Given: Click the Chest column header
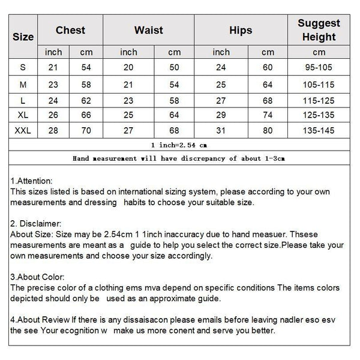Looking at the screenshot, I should click(70, 30).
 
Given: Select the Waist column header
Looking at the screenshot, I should click(148, 30).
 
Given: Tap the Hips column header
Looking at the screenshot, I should click(241, 30).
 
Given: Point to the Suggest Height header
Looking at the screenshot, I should click(319, 30).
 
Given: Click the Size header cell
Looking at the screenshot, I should click(23, 37).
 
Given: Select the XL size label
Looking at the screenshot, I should click(23, 115).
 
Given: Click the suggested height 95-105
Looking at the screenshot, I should click(319, 68).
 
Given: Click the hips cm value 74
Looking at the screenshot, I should click(268, 115).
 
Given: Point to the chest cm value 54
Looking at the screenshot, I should click(86, 68).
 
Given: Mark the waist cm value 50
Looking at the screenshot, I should click(174, 68).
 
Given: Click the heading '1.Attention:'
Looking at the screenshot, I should click(32, 181).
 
